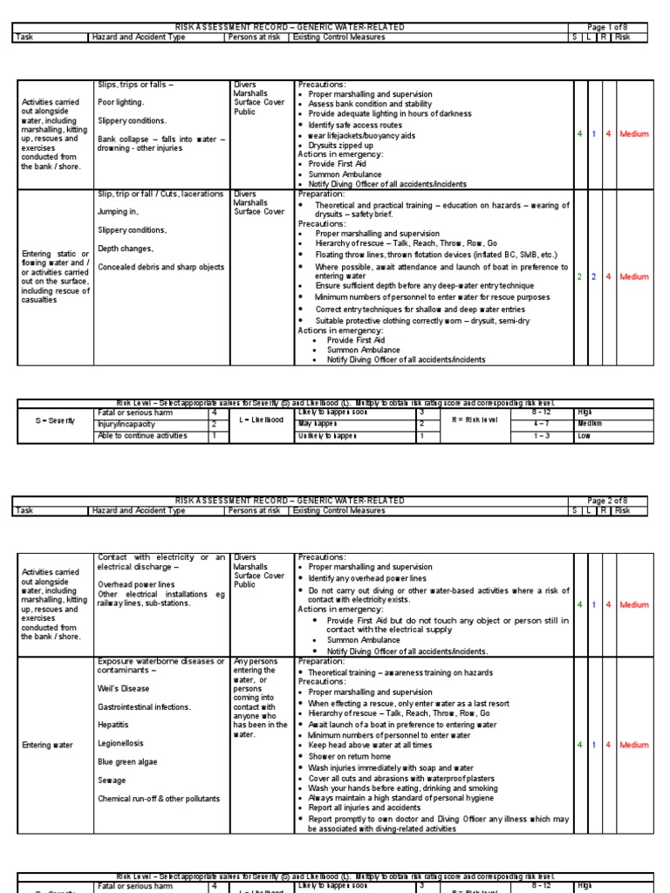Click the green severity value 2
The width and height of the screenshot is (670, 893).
click(579, 276)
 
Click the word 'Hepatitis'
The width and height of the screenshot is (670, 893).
click(114, 725)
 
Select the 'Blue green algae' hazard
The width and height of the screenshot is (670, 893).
click(127, 761)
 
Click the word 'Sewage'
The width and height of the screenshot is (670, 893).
click(112, 781)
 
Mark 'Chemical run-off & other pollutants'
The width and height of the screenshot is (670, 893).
click(159, 799)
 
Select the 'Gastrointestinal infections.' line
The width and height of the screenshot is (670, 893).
click(143, 706)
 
